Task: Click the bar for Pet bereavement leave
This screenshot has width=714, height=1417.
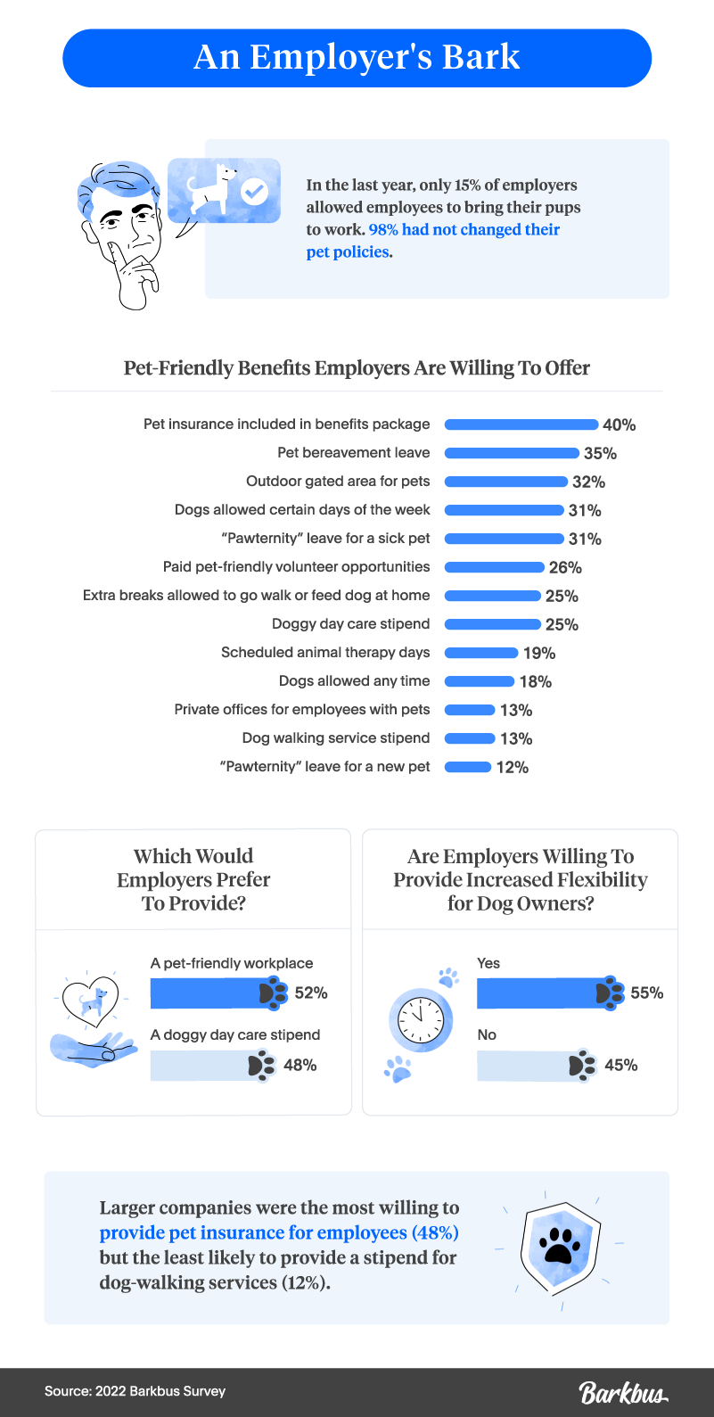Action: pos(512,453)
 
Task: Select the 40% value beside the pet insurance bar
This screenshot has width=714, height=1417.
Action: pos(619,425)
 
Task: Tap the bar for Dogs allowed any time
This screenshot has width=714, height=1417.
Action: pos(480,681)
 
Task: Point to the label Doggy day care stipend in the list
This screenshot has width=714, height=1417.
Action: pos(350,623)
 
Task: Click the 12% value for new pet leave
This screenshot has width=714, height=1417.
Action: pos(513,768)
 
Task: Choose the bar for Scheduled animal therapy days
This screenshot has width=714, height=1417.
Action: pos(481,653)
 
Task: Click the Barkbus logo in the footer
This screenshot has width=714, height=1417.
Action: pos(623,1391)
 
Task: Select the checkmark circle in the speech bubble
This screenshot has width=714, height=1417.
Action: pos(255,191)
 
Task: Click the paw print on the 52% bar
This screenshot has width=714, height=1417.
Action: pos(274,993)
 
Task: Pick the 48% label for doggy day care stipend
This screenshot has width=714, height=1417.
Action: pos(300,1066)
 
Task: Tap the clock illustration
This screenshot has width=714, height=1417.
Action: pos(421,1018)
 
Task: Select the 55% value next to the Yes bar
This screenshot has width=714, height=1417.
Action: pos(646,993)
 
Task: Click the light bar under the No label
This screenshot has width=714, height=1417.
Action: pos(526,1066)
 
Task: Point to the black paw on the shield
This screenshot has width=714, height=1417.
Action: pos(559,1246)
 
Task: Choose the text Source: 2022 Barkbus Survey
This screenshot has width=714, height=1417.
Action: pos(135,1391)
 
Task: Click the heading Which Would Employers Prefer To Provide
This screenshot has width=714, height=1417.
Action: pos(193,879)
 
